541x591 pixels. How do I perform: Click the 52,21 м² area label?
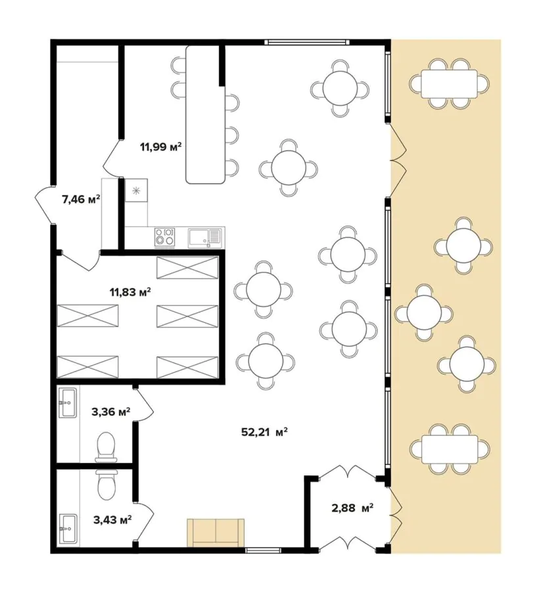tap(264, 432)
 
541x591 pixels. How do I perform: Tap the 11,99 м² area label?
tap(160, 146)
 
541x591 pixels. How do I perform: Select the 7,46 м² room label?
tap(81, 199)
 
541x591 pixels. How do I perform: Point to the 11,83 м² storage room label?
tap(130, 292)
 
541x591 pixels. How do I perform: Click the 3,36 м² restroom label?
tap(111, 412)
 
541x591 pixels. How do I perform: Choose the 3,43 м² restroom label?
tap(112, 520)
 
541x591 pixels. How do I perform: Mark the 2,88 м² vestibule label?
tap(352, 508)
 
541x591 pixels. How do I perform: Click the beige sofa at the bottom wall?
tap(216, 532)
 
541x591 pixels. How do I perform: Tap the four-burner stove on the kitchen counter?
tap(164, 238)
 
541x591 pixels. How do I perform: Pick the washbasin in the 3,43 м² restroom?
tap(68, 529)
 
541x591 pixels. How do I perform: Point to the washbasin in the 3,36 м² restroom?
tap(68, 403)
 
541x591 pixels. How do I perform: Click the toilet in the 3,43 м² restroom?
tap(106, 485)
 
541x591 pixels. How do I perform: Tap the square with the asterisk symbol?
tap(136, 190)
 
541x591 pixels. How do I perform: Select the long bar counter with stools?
tap(205, 114)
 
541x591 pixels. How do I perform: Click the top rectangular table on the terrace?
tap(450, 83)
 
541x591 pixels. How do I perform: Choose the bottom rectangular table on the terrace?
tap(450, 449)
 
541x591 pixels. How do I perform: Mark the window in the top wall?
tap(306, 42)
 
